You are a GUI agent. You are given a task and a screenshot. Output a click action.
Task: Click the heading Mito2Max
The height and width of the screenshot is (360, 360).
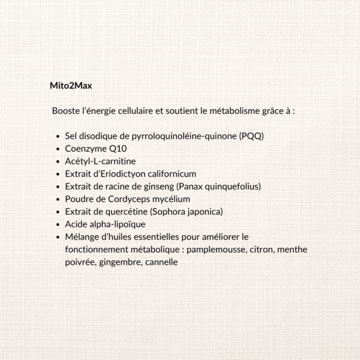point(71,86)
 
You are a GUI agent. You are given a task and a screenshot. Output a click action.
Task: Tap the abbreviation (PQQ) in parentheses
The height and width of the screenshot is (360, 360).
point(251,136)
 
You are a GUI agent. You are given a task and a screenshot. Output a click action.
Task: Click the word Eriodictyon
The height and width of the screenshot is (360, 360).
point(116,174)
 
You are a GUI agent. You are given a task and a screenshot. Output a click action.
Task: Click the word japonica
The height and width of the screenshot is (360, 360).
point(203,212)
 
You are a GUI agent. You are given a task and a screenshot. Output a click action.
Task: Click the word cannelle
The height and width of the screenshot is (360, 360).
point(161,262)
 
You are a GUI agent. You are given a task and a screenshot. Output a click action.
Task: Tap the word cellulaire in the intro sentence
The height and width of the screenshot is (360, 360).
point(132,112)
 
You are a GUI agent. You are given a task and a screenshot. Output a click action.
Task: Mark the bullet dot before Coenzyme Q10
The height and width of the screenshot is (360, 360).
point(57,149)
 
